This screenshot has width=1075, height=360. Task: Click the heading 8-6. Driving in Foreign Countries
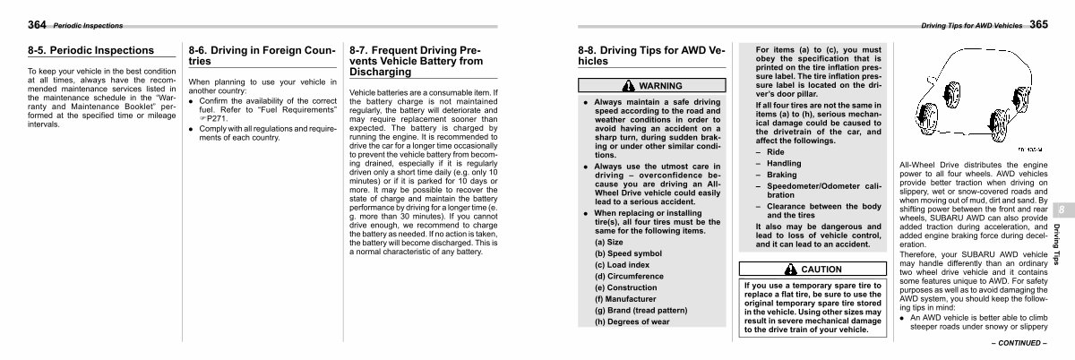[262, 56]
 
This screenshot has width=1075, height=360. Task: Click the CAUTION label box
[813, 269]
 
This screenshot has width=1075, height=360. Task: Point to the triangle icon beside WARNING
[630, 86]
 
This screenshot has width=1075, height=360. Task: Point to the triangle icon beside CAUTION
[791, 269]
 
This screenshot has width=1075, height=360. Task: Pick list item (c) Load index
[627, 264]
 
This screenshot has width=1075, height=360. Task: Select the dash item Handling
[783, 164]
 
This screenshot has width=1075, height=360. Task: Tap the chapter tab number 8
[1062, 209]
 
